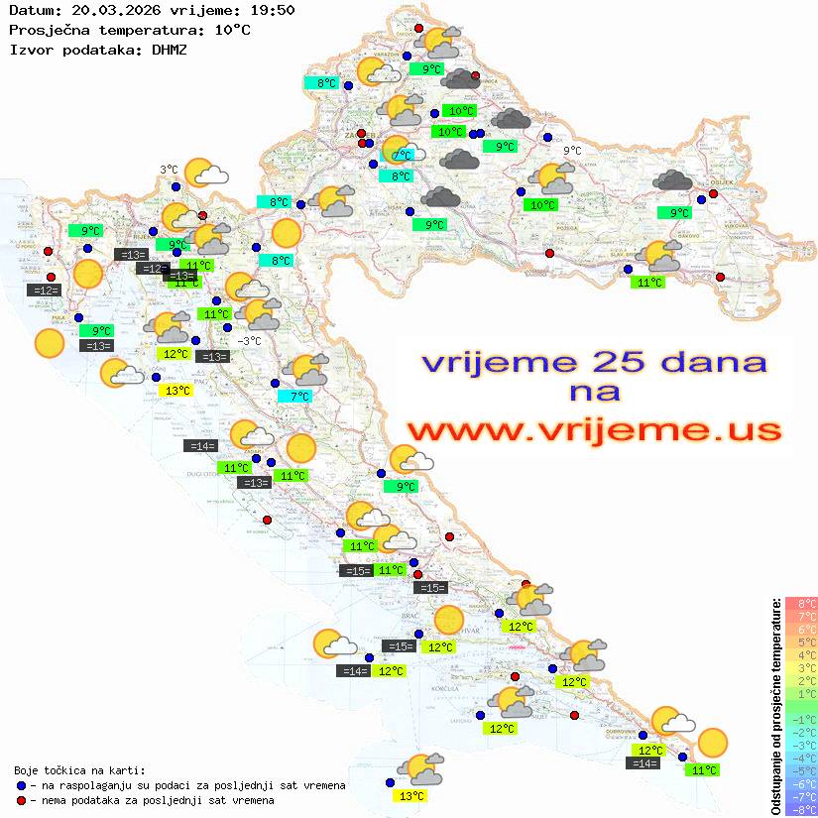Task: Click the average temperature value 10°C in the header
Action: coord(232,30)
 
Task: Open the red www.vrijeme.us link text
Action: coord(593,430)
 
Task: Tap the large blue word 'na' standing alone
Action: coord(594,393)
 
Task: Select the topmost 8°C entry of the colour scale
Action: coord(800,604)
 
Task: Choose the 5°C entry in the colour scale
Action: coord(800,643)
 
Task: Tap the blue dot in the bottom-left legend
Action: coord(20,785)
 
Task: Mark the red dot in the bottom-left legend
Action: coord(20,800)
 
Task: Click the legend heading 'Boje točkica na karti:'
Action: coord(79,770)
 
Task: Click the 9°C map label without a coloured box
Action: coord(572,151)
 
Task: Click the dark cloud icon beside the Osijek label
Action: coord(673,180)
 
